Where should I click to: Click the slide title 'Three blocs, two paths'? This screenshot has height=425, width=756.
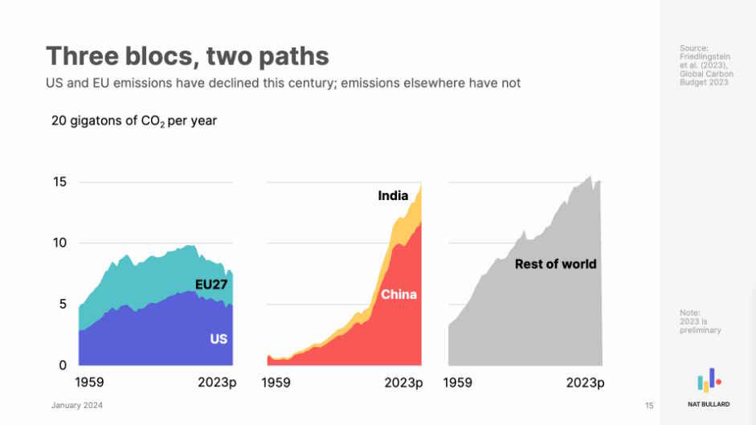click(187, 56)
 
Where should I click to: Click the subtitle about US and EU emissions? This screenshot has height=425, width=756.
click(283, 84)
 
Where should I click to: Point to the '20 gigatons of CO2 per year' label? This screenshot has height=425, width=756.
click(134, 121)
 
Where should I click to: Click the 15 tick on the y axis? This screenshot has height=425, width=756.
click(59, 182)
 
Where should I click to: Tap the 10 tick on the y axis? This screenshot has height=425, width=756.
click(59, 243)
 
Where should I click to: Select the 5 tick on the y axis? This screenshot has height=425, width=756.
click(63, 304)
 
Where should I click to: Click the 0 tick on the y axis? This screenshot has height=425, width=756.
click(63, 366)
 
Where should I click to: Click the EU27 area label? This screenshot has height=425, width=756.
click(213, 284)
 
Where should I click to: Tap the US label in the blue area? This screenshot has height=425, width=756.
click(219, 339)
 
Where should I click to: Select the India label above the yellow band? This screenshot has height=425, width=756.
click(393, 195)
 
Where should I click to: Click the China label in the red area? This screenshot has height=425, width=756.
click(398, 295)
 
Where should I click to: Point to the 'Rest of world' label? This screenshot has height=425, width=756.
click(555, 264)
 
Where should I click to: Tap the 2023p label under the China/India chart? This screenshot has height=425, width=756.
click(403, 383)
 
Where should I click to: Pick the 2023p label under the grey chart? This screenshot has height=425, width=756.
click(585, 383)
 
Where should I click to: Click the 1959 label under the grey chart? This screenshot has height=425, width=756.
click(458, 383)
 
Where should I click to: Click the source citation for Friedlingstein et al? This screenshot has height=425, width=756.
click(704, 66)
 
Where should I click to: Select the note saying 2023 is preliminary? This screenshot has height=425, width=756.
click(700, 321)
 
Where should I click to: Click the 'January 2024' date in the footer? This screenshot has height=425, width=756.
click(77, 406)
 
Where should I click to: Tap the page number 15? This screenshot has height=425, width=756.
click(649, 406)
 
